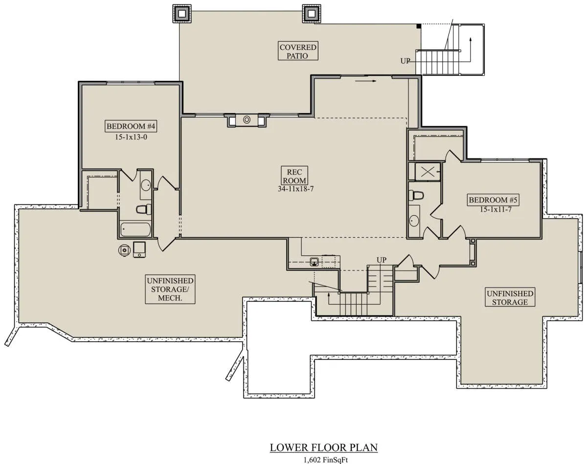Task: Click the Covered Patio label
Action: [298, 51]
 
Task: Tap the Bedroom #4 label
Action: [131, 126]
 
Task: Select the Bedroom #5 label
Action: [493, 200]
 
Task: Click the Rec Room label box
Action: [294, 176]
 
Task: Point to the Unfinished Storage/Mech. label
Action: [170, 289]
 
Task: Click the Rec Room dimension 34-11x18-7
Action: [295, 189]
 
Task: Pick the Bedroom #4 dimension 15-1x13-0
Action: [131, 137]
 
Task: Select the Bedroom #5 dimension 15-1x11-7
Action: [496, 210]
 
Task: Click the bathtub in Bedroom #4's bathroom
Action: [135, 229]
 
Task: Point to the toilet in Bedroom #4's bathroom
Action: [143, 209]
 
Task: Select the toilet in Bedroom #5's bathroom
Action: [416, 195]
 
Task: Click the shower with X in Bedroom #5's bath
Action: [428, 172]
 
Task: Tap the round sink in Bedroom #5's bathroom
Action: [414, 221]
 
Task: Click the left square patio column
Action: [182, 13]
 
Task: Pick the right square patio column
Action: [312, 13]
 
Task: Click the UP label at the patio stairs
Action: [405, 61]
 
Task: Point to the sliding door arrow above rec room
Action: [365, 81]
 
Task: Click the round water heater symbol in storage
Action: [124, 250]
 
